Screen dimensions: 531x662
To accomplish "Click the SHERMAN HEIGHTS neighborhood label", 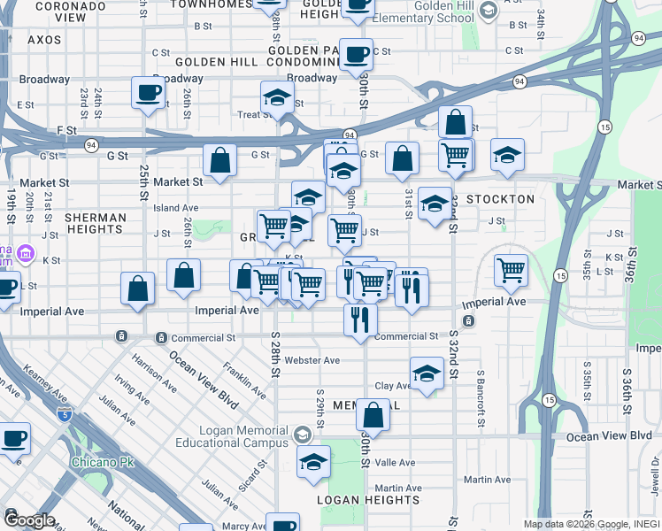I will pyautogui.click(x=96, y=223).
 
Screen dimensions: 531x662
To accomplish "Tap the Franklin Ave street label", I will pyautogui.click(x=245, y=379).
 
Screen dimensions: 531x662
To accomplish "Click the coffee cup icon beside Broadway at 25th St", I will pyautogui.click(x=149, y=91).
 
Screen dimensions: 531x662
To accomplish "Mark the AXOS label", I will pyautogui.click(x=44, y=40).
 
